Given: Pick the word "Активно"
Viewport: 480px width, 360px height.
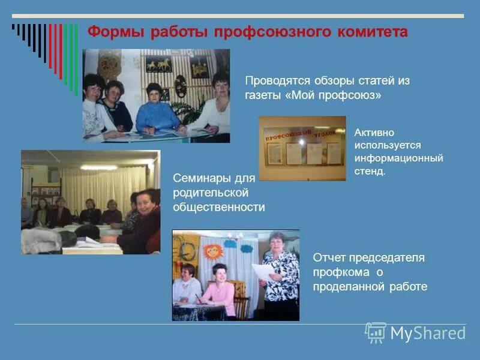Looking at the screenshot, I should pyautogui.click(x=374, y=133).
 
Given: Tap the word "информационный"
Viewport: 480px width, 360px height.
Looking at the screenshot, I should pyautogui.click(x=398, y=158).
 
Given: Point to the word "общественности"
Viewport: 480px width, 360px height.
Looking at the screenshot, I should pyautogui.click(x=219, y=207).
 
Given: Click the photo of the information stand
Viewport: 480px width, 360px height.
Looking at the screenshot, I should pyautogui.click(x=302, y=149).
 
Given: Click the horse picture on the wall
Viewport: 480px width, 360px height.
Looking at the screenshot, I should pyautogui.click(x=159, y=64).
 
